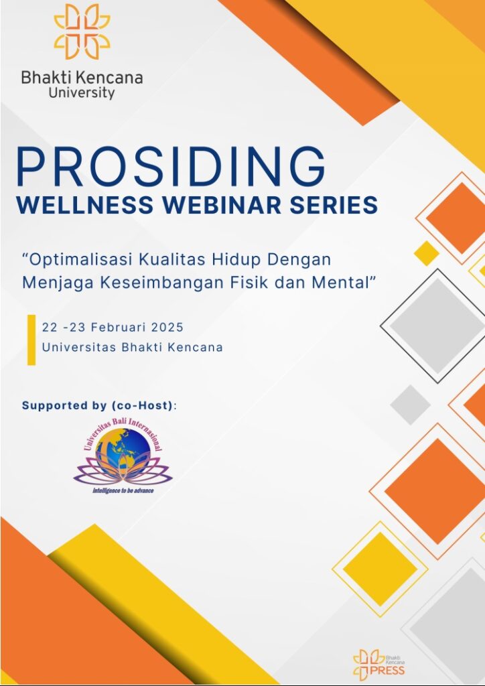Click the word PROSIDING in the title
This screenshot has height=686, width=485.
[171, 167]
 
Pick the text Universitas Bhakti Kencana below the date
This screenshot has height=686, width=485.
[133, 348]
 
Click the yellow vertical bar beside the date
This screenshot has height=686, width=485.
[31, 340]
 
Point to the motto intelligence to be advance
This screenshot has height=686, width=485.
[123, 491]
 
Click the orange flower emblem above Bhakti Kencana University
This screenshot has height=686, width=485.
[82, 31]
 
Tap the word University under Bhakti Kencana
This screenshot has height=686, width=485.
[82, 92]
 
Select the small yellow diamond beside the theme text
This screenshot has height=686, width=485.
[427, 253]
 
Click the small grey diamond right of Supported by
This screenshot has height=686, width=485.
[410, 405]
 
